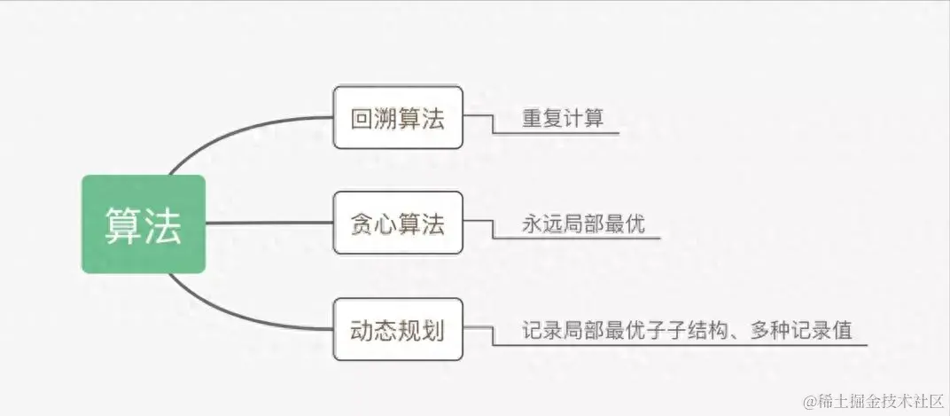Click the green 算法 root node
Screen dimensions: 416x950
(143, 224)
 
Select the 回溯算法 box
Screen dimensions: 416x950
(398, 117)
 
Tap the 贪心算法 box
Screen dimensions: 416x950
(398, 223)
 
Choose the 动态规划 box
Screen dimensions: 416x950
(398, 329)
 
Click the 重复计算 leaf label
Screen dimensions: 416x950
(563, 118)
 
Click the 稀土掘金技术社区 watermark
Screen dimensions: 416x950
(873, 402)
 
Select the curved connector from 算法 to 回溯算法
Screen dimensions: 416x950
(230, 132)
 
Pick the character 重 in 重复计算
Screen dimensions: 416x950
(532, 118)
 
